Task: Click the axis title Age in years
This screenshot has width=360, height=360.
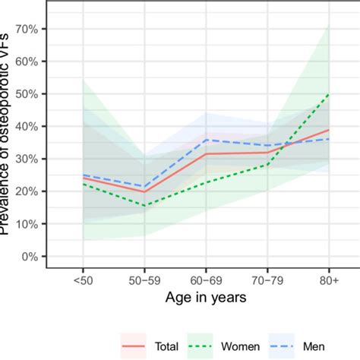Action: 205,298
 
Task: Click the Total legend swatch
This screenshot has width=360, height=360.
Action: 134,345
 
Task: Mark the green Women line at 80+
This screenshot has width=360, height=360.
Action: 328,94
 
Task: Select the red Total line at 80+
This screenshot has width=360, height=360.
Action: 328,130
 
